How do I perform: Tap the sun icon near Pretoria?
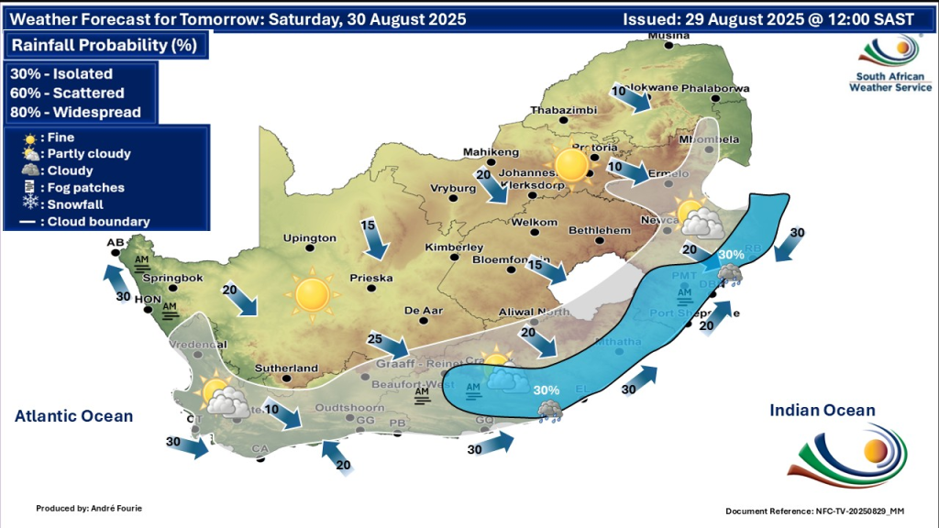point(571,165)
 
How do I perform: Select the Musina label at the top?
point(668,36)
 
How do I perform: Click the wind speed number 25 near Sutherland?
point(374,339)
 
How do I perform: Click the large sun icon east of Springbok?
point(311,294)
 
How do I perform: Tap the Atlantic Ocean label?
point(73,416)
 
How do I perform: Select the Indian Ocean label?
point(823,411)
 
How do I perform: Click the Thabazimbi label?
point(563,110)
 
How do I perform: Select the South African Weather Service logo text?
point(889,82)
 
